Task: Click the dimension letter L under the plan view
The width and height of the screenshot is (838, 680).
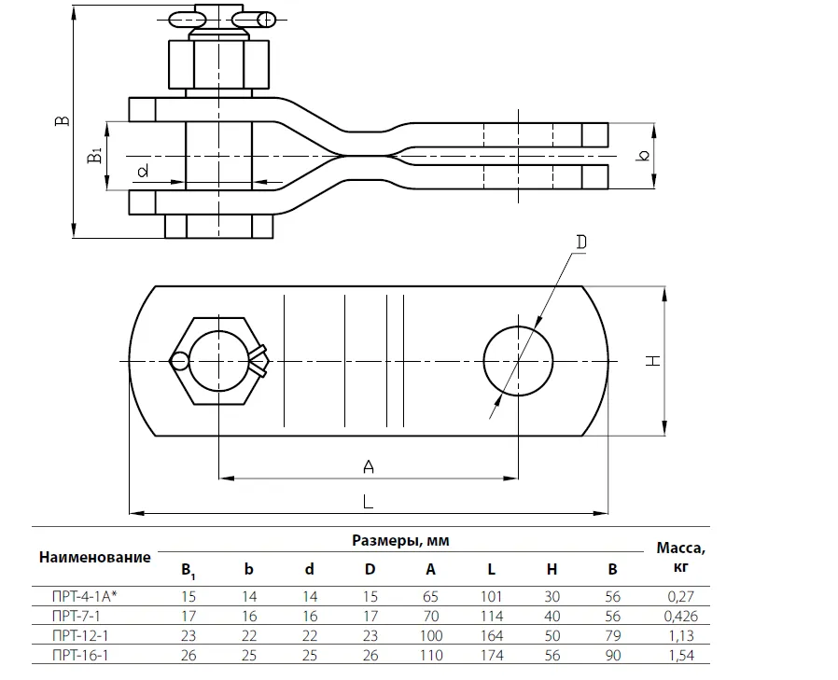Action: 368,501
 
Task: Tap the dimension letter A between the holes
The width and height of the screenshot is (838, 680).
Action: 368,466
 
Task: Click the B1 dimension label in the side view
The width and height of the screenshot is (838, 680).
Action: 94,155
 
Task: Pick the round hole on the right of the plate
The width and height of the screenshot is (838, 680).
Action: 518,360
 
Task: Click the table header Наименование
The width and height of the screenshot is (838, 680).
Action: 94,557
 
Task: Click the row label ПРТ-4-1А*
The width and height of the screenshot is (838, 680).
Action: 91,596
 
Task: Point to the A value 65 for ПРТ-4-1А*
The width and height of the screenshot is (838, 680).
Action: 430,596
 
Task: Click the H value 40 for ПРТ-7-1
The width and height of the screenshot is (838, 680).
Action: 552,616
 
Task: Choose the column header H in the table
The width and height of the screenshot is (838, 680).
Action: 552,569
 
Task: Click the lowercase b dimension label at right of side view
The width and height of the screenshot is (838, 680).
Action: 642,155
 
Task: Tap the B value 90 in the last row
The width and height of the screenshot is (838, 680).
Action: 612,655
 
